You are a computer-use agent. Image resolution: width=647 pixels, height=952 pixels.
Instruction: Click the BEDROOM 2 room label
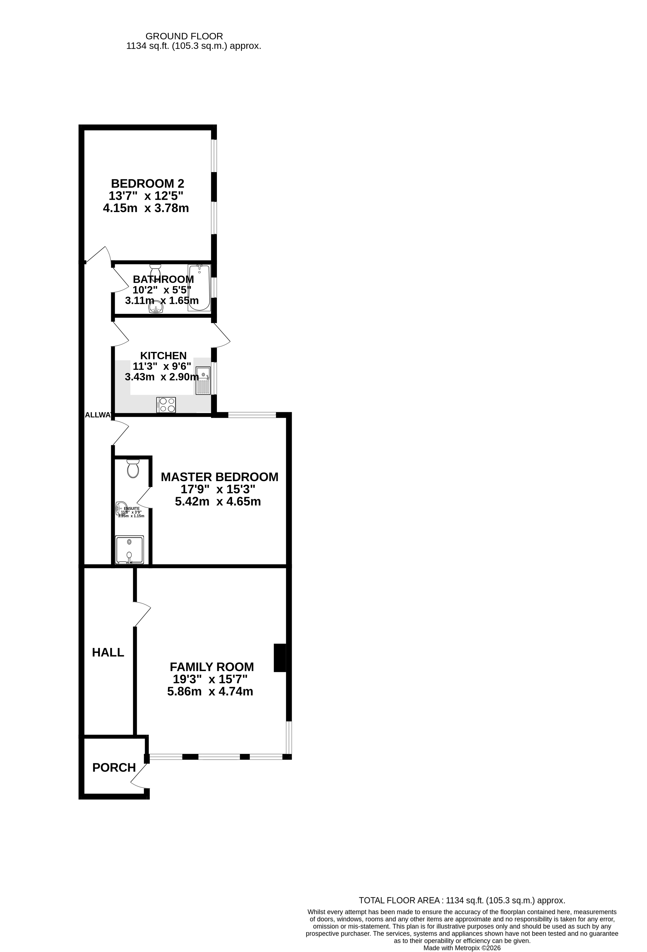click(147, 183)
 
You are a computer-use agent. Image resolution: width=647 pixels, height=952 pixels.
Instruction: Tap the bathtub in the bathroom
click(199, 288)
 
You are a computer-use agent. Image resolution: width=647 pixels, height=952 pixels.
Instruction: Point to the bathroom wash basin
click(156, 307)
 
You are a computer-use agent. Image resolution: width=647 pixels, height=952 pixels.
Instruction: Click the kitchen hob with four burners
click(166, 405)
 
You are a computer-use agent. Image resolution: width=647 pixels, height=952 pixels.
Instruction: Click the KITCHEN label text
click(163, 356)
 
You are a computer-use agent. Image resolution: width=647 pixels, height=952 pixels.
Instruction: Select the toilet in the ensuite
click(133, 469)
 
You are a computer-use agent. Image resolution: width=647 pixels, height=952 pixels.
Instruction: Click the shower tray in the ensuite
click(130, 550)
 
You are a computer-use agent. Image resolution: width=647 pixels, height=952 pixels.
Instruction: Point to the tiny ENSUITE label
click(132, 508)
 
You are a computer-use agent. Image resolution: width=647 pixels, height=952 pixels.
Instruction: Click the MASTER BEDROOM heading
click(219, 477)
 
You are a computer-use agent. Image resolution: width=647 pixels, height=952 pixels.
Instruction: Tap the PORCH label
click(114, 768)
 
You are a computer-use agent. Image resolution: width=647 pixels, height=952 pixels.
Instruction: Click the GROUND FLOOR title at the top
click(184, 36)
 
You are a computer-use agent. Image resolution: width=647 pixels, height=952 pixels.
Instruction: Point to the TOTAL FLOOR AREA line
click(462, 900)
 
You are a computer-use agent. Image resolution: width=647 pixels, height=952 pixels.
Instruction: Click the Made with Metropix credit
click(462, 948)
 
